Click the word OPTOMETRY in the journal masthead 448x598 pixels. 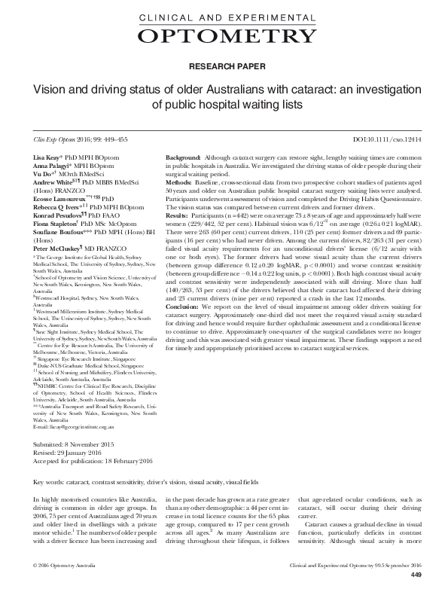[x=224, y=35]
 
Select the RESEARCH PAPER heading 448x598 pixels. [x=224, y=66]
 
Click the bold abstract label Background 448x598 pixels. [x=183, y=156]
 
